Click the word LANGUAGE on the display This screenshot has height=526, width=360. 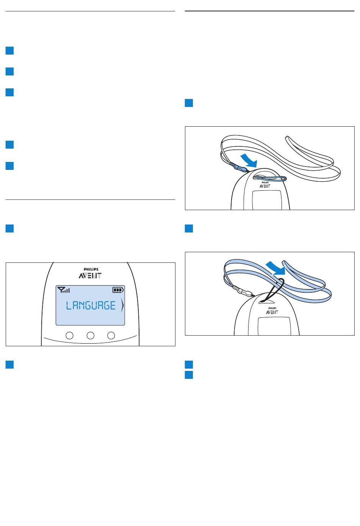click(91, 305)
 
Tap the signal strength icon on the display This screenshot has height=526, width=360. click(64, 290)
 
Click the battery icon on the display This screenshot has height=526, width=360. click(118, 290)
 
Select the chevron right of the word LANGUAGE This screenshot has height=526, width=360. click(122, 305)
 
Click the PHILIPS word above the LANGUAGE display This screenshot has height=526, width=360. click(91, 269)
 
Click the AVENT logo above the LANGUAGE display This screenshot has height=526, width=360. click(90, 275)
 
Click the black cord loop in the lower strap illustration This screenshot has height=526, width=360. click(274, 289)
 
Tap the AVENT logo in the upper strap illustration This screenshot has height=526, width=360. click(265, 186)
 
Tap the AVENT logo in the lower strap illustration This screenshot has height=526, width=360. click(272, 312)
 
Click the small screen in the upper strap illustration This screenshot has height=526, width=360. click(267, 200)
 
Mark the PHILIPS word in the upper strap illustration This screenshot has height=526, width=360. click(265, 182)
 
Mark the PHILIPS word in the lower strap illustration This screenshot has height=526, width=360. click(272, 308)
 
